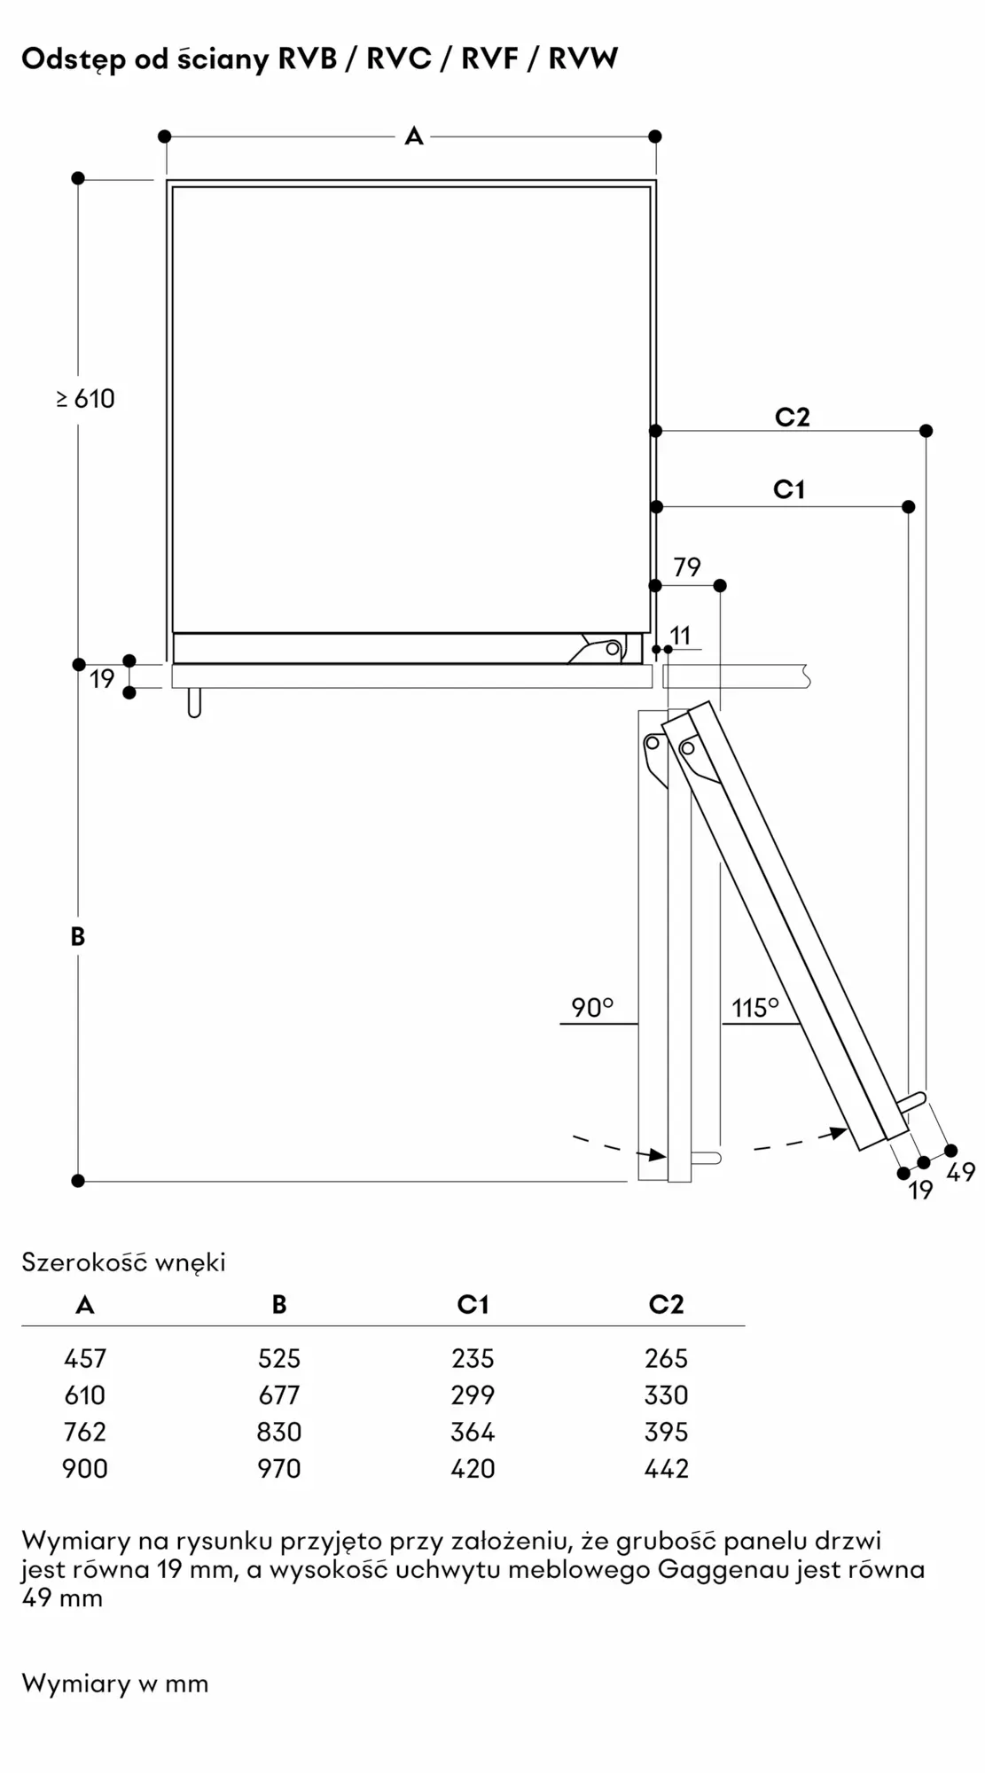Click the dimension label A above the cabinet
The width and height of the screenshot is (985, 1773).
point(413,137)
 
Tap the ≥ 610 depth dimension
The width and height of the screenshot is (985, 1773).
point(86,399)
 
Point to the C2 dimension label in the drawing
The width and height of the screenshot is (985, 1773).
point(792,417)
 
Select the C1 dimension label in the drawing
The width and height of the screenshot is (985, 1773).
point(789,489)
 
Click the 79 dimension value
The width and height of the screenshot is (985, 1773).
point(687,566)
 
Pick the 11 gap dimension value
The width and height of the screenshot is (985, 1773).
point(680,636)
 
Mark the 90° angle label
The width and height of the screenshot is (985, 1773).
point(592,1008)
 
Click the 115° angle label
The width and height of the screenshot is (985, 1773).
point(754,1008)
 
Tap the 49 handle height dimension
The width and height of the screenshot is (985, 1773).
point(961,1173)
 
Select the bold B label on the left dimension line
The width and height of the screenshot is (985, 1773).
point(78,936)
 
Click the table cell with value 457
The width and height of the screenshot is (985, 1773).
point(85,1358)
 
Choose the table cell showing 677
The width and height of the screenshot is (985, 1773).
point(279,1395)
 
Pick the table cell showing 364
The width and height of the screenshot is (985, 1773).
point(473,1432)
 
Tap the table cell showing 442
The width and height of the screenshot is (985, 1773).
point(667,1469)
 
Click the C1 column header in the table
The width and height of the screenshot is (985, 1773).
point(473,1304)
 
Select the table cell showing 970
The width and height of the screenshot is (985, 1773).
point(279,1469)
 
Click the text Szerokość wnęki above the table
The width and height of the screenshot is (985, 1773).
point(123,1261)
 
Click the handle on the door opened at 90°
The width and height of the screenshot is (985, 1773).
point(707,1158)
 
